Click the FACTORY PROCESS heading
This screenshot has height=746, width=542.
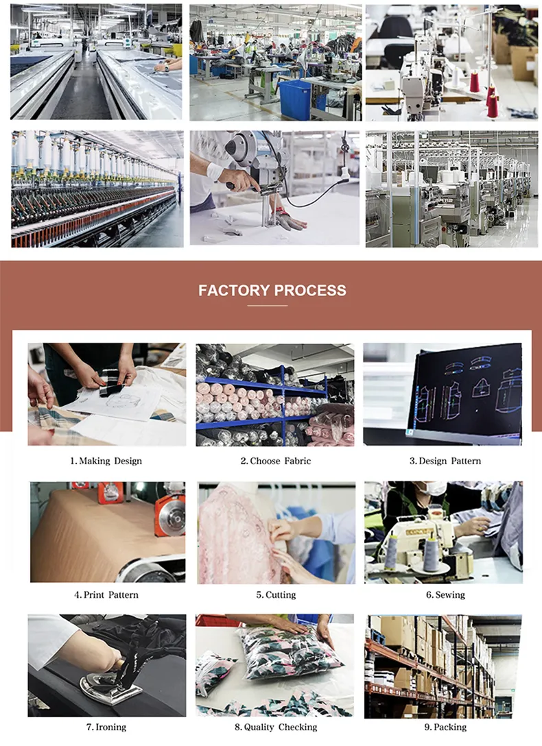272,290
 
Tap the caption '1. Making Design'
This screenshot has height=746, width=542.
106,461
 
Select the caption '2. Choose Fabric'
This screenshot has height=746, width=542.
276,461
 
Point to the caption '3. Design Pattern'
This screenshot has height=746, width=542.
445,461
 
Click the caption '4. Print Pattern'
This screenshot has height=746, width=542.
106,594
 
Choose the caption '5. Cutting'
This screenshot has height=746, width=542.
276,594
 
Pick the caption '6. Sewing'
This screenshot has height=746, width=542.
445,594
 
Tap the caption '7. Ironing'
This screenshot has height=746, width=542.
106,727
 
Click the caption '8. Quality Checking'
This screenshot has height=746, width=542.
276,727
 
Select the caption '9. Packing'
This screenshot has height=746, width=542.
445,727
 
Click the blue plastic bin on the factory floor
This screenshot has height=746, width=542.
296,100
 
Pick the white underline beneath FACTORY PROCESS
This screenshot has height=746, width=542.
268,305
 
